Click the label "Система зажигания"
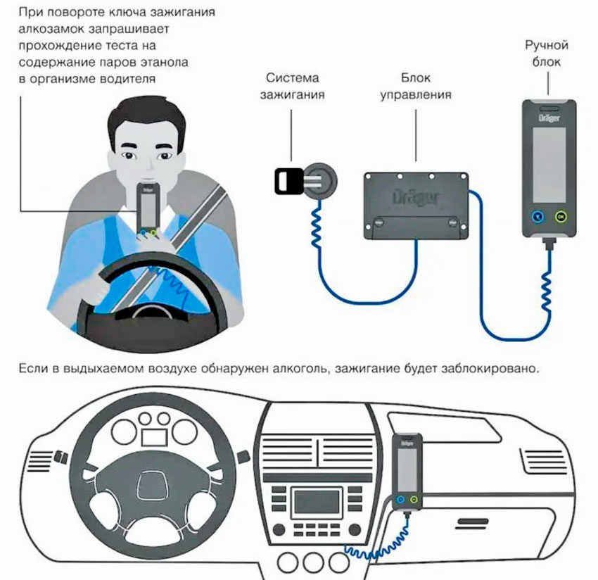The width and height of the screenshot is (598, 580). click(295, 86)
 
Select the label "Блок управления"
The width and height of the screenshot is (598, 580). click(415, 86)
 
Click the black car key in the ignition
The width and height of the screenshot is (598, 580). click(285, 181)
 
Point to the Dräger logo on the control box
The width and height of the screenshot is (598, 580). click(415, 193)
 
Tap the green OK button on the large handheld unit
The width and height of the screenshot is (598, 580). click(561, 217)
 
